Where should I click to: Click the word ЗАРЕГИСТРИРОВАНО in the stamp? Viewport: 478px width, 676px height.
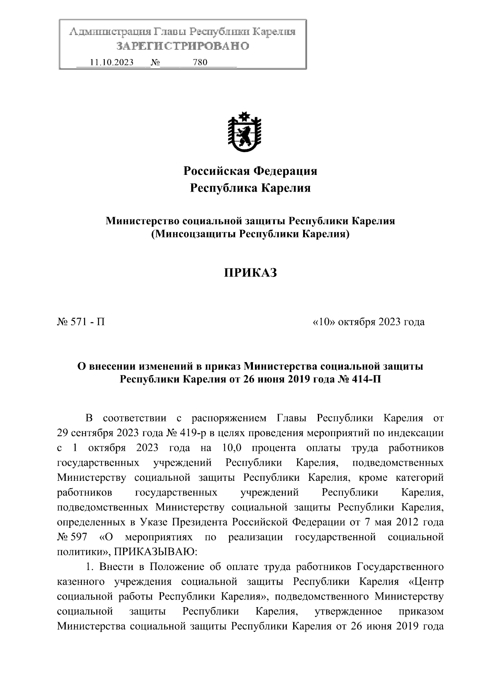[183, 46]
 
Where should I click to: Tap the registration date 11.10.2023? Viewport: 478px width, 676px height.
[112, 63]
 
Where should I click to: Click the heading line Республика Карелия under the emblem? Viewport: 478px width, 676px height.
[250, 188]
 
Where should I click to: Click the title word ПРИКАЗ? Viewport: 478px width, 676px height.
[250, 273]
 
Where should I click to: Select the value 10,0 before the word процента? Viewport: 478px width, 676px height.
[230, 448]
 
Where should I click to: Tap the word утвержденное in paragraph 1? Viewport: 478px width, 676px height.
[348, 611]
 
